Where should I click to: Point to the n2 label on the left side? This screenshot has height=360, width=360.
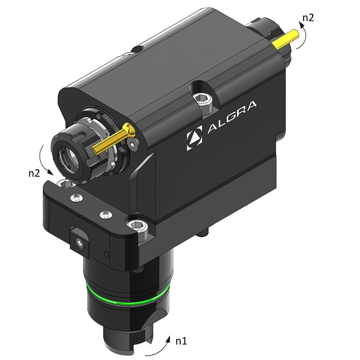[34, 172]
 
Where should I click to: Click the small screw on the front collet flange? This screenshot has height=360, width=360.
[134, 144]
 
